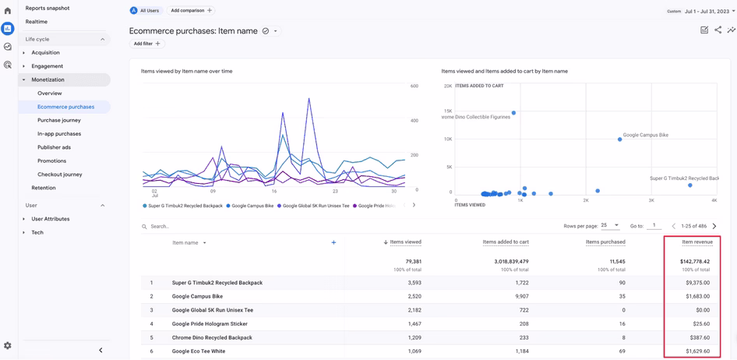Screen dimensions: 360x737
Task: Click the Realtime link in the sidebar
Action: (x=37, y=22)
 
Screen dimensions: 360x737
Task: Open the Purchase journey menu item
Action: (x=58, y=120)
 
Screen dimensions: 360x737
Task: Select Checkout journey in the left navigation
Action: (x=59, y=175)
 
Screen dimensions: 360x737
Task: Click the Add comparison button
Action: (x=191, y=11)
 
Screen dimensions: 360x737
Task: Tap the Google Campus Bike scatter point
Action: (x=620, y=139)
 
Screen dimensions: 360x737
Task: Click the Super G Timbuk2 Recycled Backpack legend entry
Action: (x=185, y=206)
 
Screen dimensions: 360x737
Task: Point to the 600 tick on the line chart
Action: (x=414, y=86)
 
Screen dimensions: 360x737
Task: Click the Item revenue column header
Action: (x=696, y=242)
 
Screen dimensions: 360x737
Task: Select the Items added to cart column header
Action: (x=506, y=242)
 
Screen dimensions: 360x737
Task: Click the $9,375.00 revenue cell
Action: (x=697, y=283)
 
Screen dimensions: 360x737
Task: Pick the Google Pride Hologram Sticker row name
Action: (x=210, y=323)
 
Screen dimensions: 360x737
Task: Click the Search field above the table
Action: (x=234, y=227)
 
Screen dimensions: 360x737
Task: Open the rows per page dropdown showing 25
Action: (x=610, y=226)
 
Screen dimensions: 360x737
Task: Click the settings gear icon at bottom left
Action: (x=8, y=346)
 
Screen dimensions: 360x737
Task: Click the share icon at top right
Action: (x=718, y=30)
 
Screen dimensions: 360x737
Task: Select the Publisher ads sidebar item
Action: (x=54, y=147)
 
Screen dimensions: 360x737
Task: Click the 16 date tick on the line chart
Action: (x=274, y=191)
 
